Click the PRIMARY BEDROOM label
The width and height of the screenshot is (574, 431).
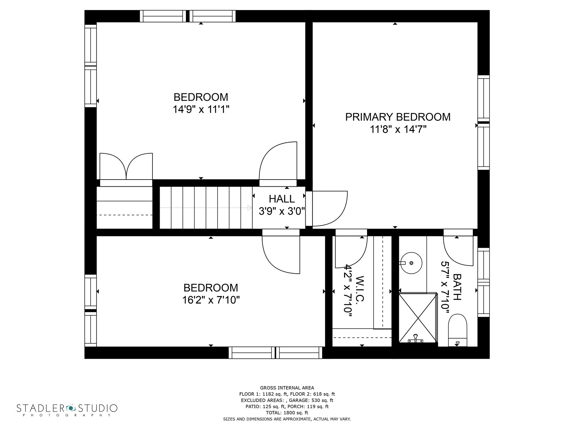point(397,117)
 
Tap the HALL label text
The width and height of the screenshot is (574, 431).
point(282,199)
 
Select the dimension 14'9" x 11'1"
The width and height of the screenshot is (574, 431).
point(201,109)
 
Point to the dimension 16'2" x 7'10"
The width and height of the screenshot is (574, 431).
point(211,300)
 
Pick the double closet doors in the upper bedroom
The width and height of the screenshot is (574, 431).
point(126,167)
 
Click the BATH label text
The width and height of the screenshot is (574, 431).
point(457,287)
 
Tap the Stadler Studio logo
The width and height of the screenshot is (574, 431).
point(67,409)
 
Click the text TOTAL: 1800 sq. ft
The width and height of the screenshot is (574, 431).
point(287,413)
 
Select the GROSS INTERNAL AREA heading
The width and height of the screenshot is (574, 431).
point(287,388)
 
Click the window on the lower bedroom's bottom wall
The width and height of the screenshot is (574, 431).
point(276,353)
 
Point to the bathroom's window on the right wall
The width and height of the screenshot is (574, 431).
point(483,282)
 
